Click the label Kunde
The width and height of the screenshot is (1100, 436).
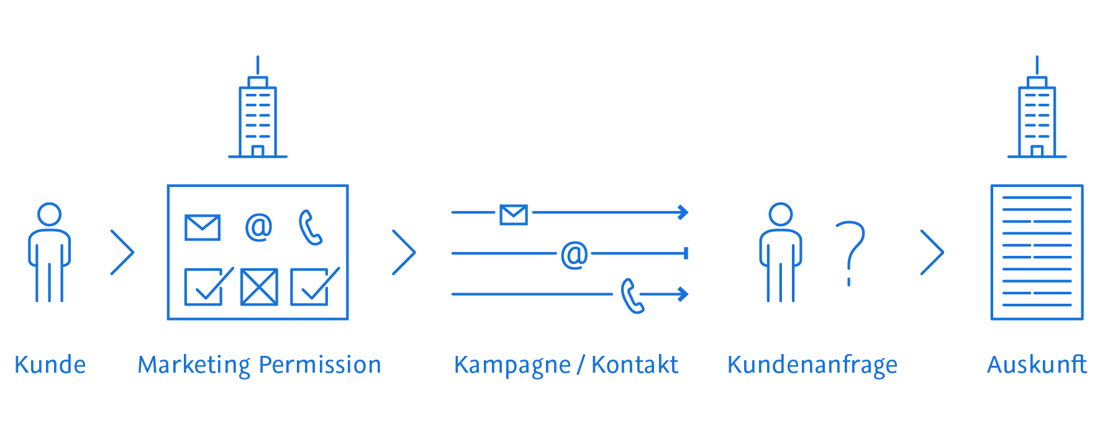pyautogui.click(x=50, y=365)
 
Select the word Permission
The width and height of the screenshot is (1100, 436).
pyautogui.click(x=320, y=365)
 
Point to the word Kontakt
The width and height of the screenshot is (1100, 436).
pyautogui.click(x=634, y=365)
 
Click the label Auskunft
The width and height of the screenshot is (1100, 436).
pyautogui.click(x=1037, y=365)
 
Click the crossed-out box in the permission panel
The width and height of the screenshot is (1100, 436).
pyautogui.click(x=259, y=287)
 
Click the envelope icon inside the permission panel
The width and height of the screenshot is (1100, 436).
pyautogui.click(x=202, y=227)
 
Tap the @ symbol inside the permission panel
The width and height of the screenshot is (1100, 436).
pyautogui.click(x=258, y=227)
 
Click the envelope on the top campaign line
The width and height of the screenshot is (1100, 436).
pyautogui.click(x=514, y=215)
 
